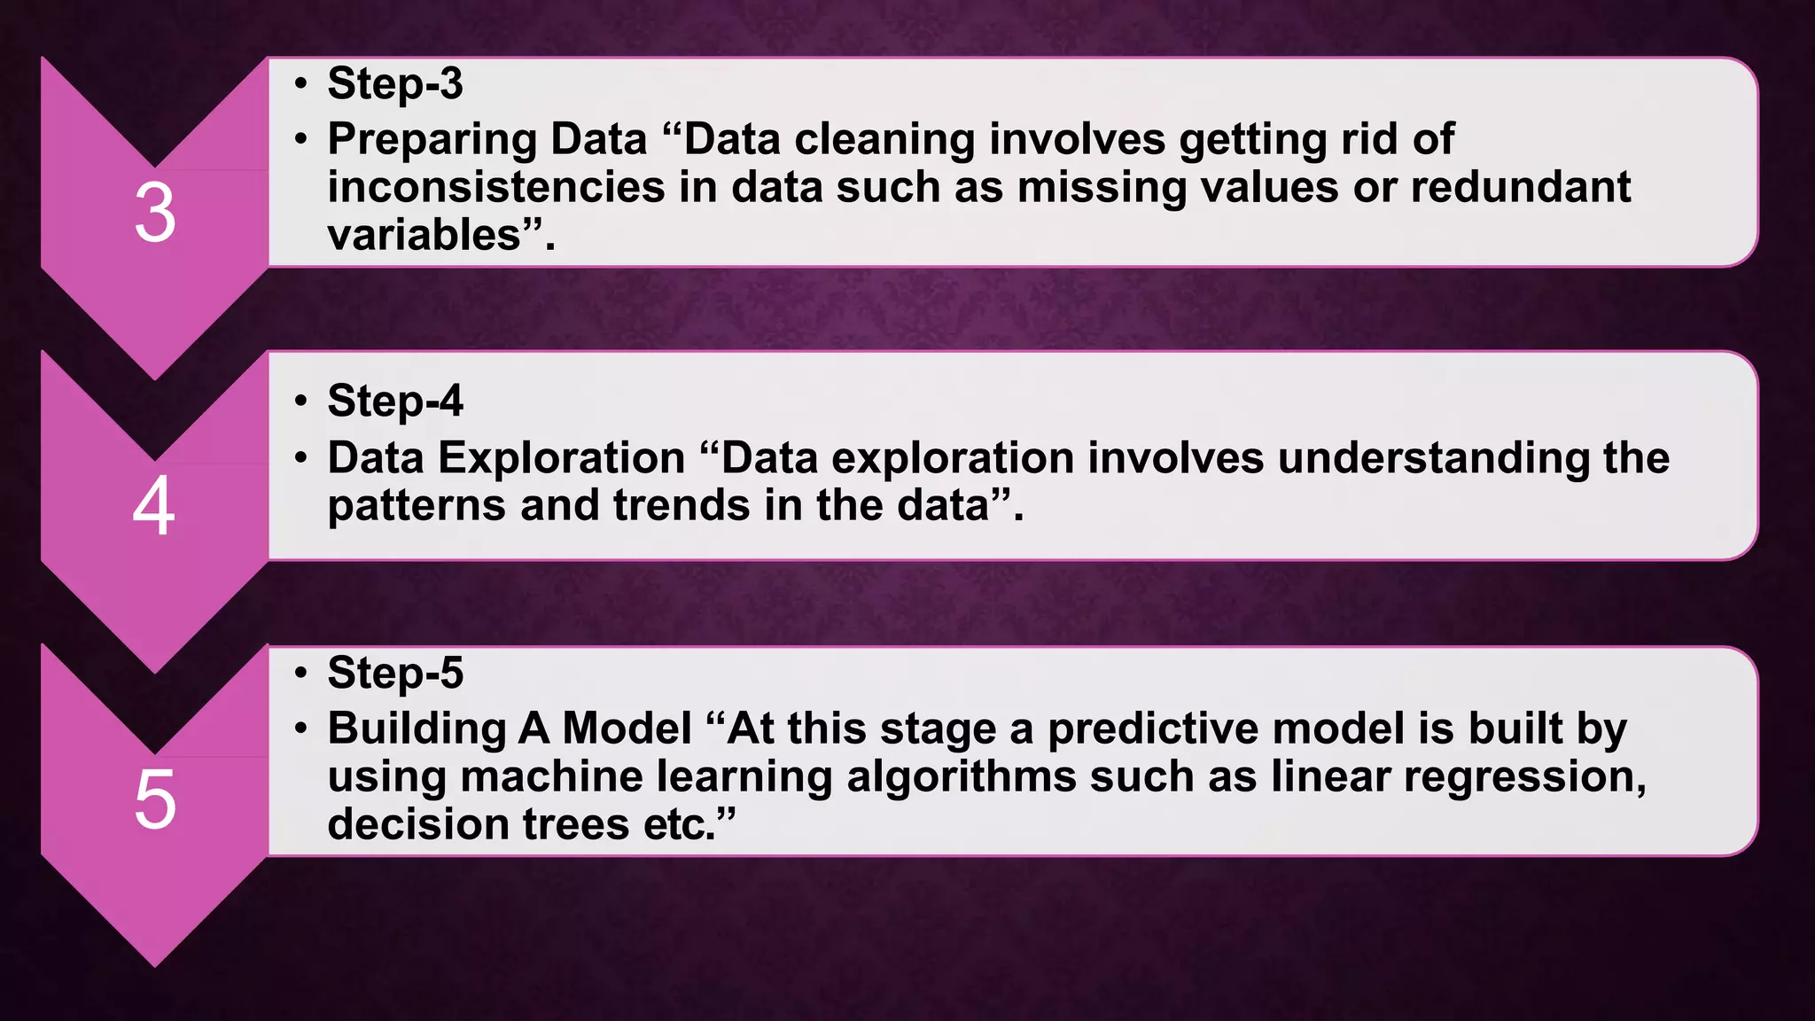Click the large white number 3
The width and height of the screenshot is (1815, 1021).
pos(155,214)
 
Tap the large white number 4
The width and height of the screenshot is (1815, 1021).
pos(153,507)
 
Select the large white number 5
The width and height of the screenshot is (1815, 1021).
pos(155,800)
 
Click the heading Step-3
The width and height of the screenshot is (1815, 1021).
pos(394,83)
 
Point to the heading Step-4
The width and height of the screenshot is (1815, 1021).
pos(394,401)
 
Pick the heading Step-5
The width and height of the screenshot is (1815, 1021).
pos(394,673)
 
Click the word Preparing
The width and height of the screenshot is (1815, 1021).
pos(432,140)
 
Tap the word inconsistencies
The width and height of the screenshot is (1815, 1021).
pos(496,187)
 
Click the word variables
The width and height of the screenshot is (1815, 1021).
pos(424,235)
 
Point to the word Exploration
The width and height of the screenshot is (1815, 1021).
pos(562,458)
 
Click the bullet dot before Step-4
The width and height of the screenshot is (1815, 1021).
pos(302,401)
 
